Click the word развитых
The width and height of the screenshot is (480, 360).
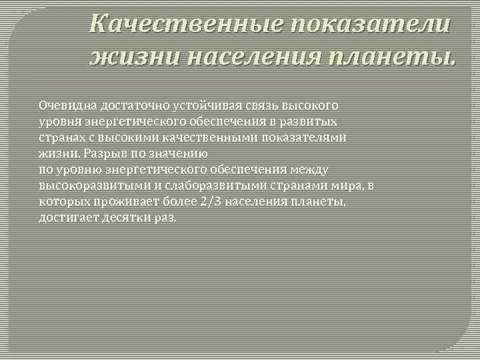click(314, 122)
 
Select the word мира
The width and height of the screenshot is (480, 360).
click(347, 186)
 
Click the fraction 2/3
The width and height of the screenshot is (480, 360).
click(211, 202)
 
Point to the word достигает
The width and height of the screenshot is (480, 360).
click(67, 218)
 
